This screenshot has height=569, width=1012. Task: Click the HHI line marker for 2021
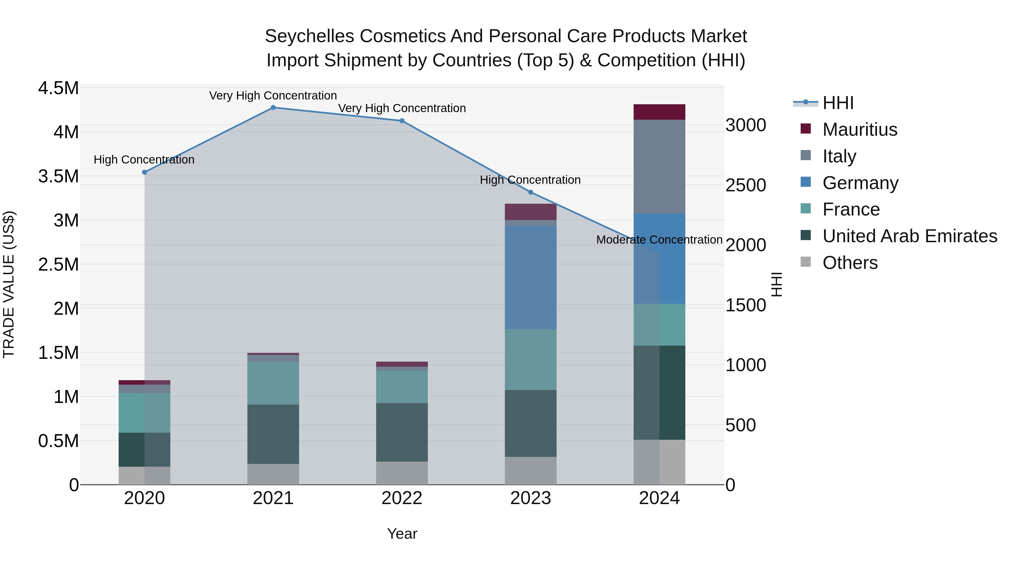pos(273,108)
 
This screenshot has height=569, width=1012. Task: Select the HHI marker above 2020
pos(144,172)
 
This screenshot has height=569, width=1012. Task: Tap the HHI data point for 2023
pos(530,192)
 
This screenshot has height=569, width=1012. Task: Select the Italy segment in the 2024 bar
pos(659,167)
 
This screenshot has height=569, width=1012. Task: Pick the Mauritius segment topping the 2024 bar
pos(659,112)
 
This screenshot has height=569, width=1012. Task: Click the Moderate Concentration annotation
pos(659,239)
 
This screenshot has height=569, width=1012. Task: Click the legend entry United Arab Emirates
pos(909,236)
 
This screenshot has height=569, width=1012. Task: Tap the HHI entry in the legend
pos(838,103)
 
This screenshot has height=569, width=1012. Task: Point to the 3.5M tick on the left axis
pos(58,176)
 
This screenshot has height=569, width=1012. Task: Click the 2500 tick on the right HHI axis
pos(745,185)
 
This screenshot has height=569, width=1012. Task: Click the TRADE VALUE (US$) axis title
pos(9,284)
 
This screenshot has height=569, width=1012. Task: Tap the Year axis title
pos(402,534)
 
